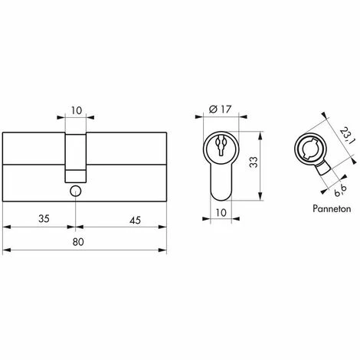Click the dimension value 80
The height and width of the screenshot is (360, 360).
click(x=78, y=242)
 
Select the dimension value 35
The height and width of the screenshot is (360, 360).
click(x=44, y=219)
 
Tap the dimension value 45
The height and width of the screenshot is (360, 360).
click(x=135, y=220)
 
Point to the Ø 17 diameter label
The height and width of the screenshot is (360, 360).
click(x=220, y=110)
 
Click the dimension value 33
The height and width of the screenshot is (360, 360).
click(x=254, y=162)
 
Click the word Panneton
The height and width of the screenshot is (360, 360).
click(x=332, y=208)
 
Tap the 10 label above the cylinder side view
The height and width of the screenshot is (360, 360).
click(x=77, y=110)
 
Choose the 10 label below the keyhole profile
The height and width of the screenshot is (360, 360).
click(x=221, y=212)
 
